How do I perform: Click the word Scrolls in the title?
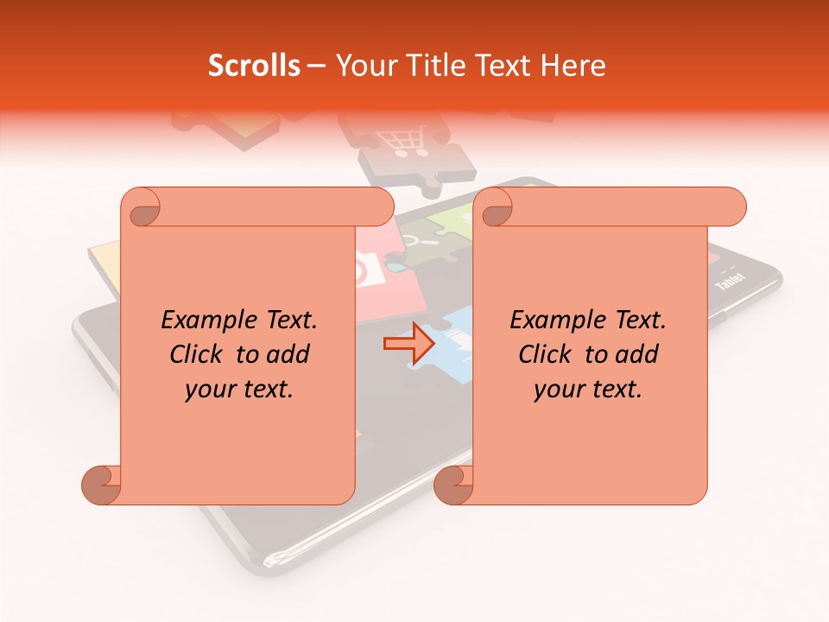tap(255, 66)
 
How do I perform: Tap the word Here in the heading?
tap(571, 66)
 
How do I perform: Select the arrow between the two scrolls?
tap(408, 343)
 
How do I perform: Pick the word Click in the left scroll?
tap(198, 354)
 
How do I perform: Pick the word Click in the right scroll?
tap(547, 354)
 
